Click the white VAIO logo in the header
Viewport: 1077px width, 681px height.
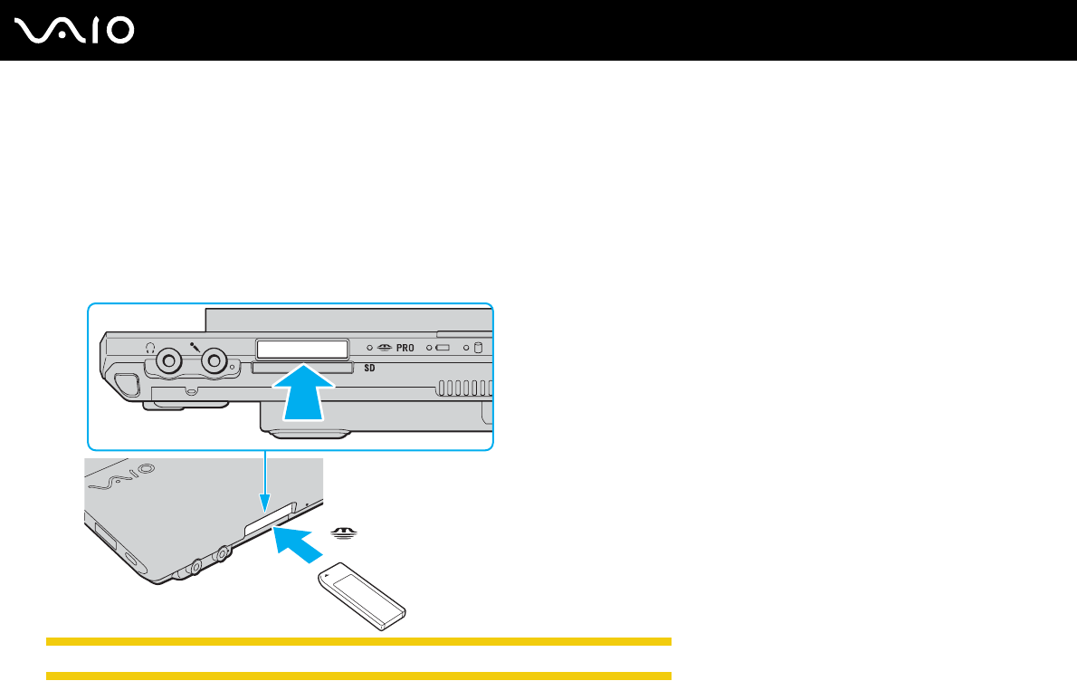tap(75, 32)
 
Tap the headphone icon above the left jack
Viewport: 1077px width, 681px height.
tap(151, 346)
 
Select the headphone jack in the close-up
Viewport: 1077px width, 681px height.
tap(167, 361)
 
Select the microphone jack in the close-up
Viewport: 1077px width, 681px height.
tap(214, 361)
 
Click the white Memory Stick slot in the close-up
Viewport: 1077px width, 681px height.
tap(303, 350)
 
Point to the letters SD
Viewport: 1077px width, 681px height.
tap(370, 369)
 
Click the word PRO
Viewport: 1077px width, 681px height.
tap(405, 348)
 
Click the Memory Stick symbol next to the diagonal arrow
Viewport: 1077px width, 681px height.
tap(341, 534)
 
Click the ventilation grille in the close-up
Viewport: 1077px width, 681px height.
tap(465, 388)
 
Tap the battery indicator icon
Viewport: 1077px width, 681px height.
tap(443, 348)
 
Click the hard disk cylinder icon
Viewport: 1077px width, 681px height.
tap(479, 348)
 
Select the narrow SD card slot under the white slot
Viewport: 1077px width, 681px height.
tap(302, 369)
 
